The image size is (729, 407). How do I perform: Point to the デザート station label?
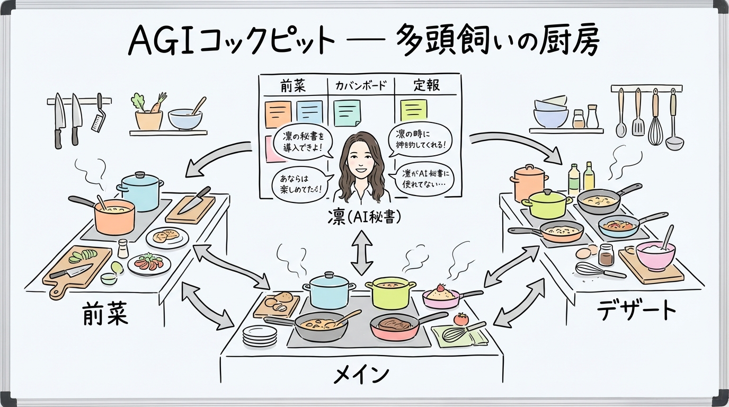click(636, 310)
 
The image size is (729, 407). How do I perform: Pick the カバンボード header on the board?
click(361, 85)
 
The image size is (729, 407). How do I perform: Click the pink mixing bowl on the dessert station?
click(655, 255)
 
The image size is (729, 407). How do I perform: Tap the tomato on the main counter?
click(461, 318)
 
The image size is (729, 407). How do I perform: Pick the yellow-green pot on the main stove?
click(391, 293)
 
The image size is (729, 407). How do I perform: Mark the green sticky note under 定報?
click(413, 110)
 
